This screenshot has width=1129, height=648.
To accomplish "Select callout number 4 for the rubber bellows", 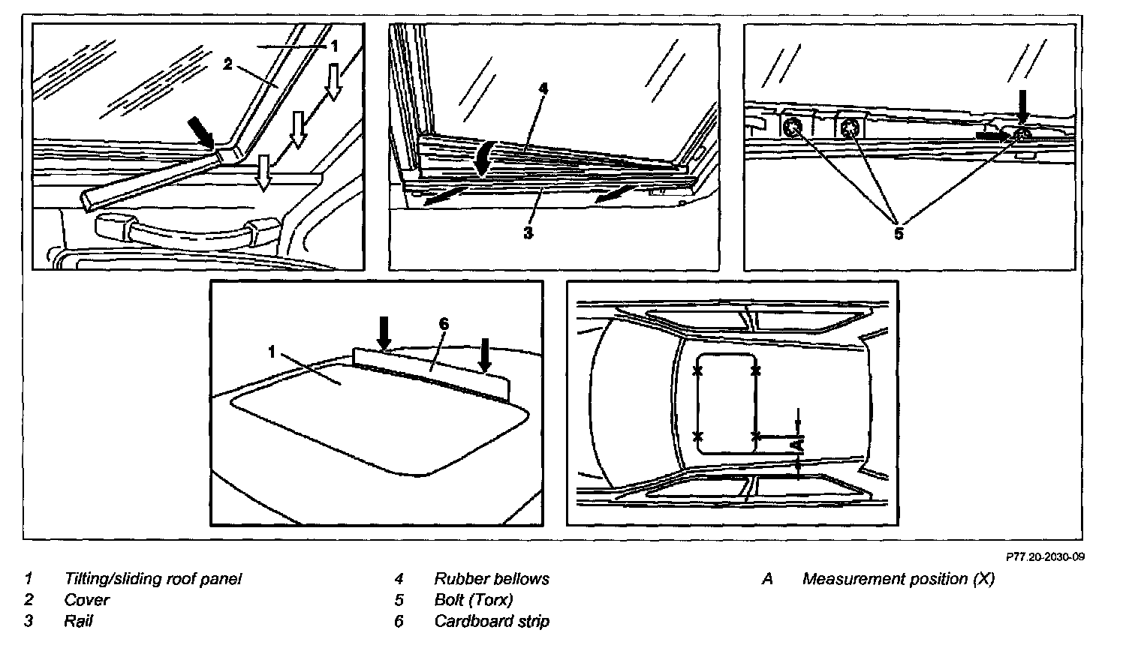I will coord(543,88).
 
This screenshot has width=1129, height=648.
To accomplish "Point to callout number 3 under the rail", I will coord(528,233).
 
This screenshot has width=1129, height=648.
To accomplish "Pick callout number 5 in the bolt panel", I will coord(899,232).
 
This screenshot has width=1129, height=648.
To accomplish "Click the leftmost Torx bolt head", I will coord(792,128).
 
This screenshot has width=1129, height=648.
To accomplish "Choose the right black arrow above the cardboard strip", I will coord(485,355).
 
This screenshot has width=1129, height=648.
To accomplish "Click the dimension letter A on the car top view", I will coord(799,445).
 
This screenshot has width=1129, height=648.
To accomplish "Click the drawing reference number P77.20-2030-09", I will coord(1046,556).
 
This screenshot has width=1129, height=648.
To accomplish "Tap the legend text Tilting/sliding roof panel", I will coord(153,579).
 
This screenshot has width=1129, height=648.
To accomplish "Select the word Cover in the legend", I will coord(87,600).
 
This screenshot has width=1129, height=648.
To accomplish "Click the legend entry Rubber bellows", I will coord(492,579).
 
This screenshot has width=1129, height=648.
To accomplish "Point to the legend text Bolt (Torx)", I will coord(474,600).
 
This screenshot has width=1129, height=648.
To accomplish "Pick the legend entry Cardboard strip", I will coord(492,621).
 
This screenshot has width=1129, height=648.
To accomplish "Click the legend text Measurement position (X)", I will coord(898,579).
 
